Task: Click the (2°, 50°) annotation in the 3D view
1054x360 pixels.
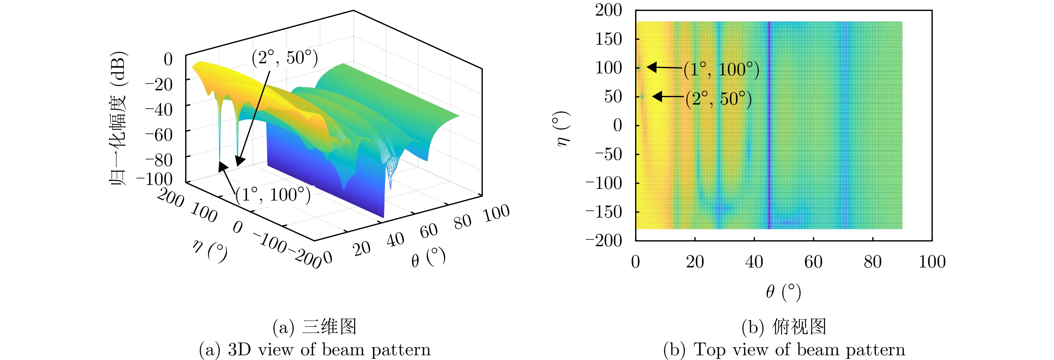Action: (285, 58)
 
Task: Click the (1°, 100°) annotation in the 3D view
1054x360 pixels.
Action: (273, 195)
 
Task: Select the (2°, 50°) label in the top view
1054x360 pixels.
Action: (719, 99)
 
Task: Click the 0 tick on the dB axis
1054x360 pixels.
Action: (168, 59)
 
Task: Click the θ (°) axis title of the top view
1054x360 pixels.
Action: (783, 292)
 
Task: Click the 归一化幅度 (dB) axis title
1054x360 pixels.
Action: (118, 119)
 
